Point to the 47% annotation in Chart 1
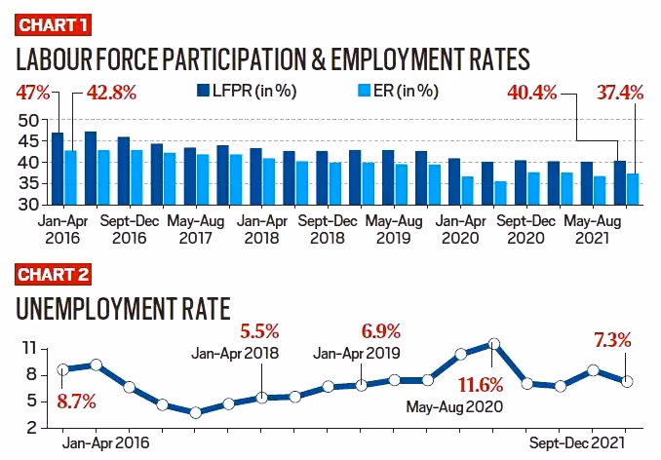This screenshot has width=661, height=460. click(30, 95)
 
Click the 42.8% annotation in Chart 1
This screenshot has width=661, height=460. click(108, 95)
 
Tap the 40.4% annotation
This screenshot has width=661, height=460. click(531, 95)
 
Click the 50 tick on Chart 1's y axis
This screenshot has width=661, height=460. click(29, 120)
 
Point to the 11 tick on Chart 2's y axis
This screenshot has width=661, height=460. click(29, 348)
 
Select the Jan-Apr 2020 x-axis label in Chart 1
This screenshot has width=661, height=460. click(462, 229)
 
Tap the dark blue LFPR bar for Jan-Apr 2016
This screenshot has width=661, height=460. click(58, 169)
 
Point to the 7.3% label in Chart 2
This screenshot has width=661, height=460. click(612, 340)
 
